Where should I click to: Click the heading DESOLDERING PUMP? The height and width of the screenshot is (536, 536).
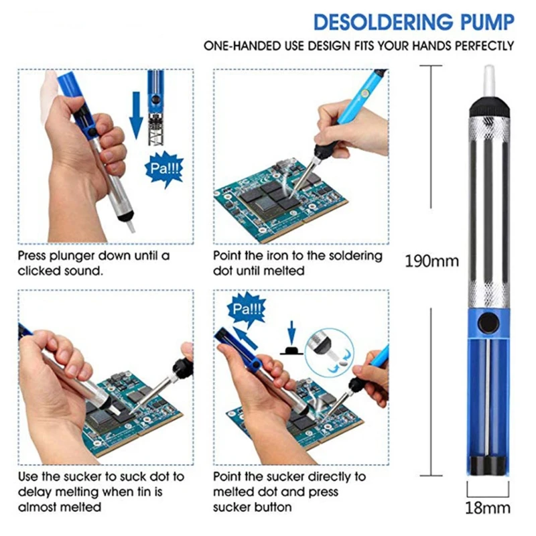tap(413, 22)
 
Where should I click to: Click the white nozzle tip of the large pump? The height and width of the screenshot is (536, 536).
tap(488, 79)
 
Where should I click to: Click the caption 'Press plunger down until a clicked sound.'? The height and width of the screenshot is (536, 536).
tap(94, 263)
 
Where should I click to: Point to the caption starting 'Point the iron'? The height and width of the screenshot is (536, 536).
tap(297, 263)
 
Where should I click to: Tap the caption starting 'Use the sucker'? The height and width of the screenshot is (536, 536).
tap(100, 492)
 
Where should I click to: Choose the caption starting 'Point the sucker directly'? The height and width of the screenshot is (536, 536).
tap(289, 492)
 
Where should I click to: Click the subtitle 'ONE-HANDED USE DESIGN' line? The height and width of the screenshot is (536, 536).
tap(359, 46)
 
